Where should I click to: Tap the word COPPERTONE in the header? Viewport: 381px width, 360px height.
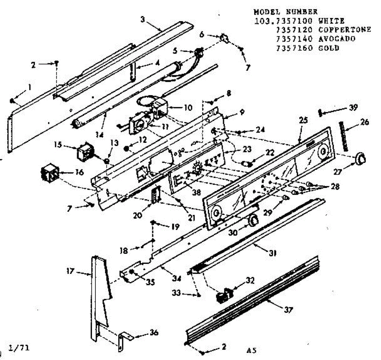tap(344, 30)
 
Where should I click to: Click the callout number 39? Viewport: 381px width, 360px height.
tap(353, 107)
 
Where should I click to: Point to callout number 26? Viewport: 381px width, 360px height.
tap(365, 122)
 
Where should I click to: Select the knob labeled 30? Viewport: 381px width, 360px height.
tap(253, 219)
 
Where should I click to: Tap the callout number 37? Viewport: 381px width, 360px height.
tap(288, 309)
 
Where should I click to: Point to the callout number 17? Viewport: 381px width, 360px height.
tap(70, 271)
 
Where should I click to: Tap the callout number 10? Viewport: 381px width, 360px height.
tap(188, 107)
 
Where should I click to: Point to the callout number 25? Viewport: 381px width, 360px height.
tap(304, 120)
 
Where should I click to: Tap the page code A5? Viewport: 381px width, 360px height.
tap(251, 351)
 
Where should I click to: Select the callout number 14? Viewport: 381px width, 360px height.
tap(100, 134)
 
